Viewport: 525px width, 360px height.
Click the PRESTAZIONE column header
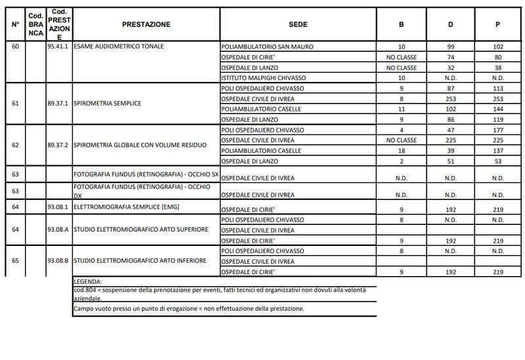coord(146,24)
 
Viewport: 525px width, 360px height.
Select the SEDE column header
coord(298,24)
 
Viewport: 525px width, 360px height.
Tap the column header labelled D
coord(450,24)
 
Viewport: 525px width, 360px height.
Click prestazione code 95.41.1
coord(59,47)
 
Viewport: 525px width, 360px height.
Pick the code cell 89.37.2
coord(59,145)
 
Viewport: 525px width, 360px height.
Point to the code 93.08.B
coord(59,261)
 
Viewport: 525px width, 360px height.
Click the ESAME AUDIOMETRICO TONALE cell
coord(119,47)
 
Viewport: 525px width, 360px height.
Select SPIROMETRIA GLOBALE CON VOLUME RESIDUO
coord(140,145)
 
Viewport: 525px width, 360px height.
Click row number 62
coord(15,145)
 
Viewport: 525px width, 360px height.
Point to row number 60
coord(15,47)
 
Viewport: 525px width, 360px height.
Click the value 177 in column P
coord(497,130)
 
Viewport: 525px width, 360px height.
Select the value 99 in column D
coord(450,47)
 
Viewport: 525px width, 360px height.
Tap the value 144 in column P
coord(497,110)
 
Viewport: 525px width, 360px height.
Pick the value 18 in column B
coord(402,151)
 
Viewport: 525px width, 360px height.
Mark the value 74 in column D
coord(450,58)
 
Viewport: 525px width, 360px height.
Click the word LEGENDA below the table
coord(89,281)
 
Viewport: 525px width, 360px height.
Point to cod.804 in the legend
coord(86,289)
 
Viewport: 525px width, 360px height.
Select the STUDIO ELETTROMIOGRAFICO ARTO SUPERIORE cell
coord(140,230)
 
